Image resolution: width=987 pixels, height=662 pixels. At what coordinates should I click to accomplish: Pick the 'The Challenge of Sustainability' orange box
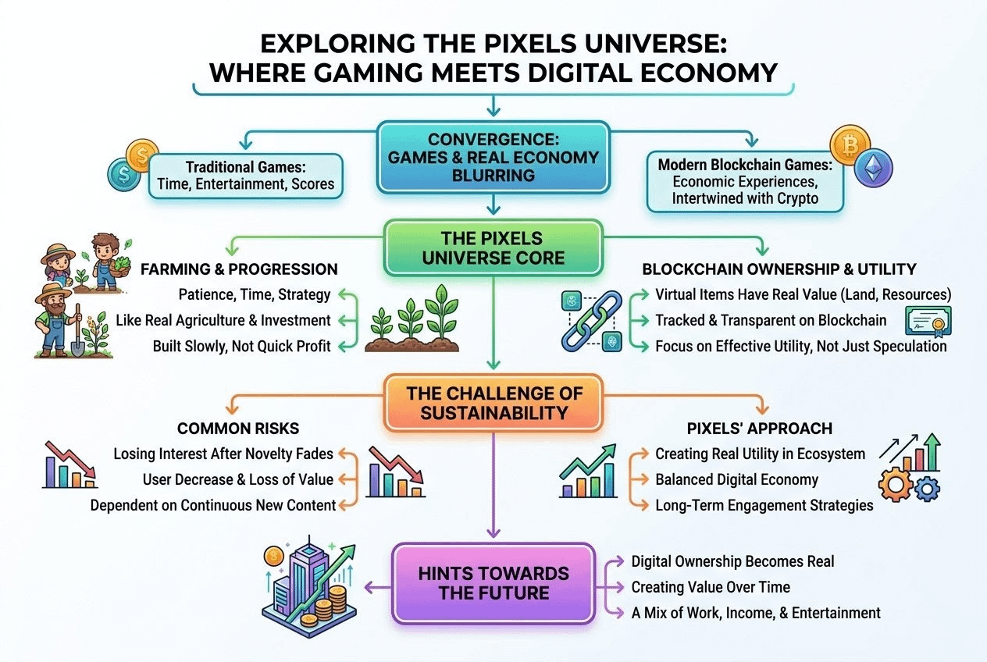(493, 400)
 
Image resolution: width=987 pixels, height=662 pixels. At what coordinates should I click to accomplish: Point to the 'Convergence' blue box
(493, 156)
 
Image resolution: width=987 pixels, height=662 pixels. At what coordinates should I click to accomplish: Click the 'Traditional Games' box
(246, 176)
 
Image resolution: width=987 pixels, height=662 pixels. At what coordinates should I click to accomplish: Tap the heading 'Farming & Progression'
(239, 269)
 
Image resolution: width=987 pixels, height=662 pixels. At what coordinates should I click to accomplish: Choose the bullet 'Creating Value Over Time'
(711, 587)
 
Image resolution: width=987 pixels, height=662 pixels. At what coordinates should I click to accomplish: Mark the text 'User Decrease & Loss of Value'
(238, 479)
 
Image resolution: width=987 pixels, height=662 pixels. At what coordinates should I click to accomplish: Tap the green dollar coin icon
(123, 173)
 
